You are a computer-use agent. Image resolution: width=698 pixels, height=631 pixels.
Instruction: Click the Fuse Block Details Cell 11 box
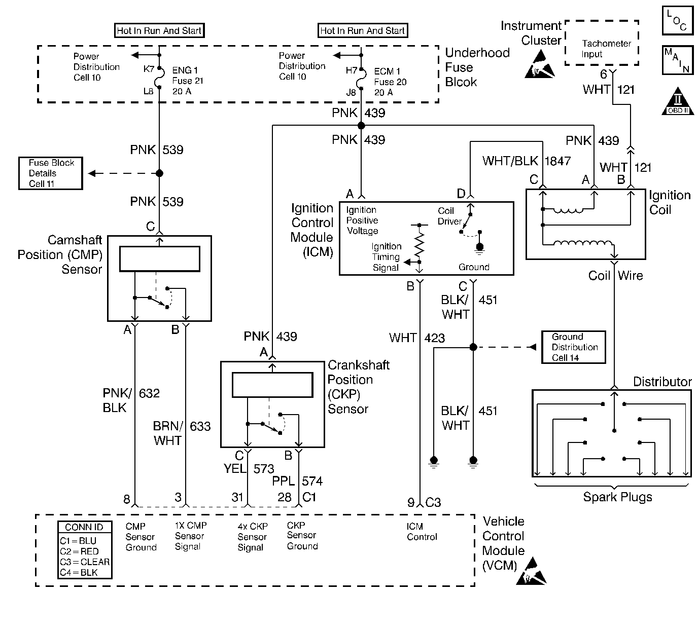(51, 173)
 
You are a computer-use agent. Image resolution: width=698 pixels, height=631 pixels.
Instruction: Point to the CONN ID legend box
(85, 550)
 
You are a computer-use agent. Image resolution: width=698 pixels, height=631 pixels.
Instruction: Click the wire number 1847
(557, 161)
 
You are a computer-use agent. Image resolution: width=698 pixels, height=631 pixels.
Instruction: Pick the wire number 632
(149, 393)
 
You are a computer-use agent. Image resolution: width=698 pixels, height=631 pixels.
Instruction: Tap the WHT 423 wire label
(417, 338)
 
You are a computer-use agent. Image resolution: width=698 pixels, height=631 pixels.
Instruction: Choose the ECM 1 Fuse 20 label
(390, 82)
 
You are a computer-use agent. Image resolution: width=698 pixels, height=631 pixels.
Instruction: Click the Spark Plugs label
(617, 497)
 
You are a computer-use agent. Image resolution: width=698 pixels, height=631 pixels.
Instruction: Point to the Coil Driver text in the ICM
(449, 216)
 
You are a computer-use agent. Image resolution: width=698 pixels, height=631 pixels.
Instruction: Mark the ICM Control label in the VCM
(422, 532)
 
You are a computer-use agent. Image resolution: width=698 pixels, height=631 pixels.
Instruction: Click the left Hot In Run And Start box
(159, 31)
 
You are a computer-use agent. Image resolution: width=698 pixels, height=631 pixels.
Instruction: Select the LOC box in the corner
(677, 21)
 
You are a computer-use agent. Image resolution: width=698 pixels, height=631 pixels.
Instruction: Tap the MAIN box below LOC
(677, 60)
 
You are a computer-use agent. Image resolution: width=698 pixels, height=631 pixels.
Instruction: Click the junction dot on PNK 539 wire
(159, 173)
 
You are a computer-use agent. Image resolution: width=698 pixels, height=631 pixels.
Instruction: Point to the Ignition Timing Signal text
(386, 257)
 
